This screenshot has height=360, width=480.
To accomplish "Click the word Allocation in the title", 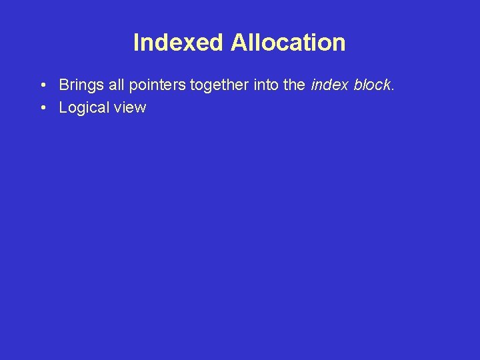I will (x=288, y=43).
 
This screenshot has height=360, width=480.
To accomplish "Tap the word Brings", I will (x=79, y=85).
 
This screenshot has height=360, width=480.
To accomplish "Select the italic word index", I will (x=327, y=85).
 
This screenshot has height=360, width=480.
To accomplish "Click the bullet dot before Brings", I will (x=42, y=86).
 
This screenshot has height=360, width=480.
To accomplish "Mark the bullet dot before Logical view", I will (x=42, y=108).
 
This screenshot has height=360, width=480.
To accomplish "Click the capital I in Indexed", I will (x=136, y=43).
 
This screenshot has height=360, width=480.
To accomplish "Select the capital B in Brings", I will (x=64, y=85).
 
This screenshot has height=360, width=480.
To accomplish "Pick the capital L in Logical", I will (x=63, y=108).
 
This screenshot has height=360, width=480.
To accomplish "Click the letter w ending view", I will (x=140, y=108).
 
